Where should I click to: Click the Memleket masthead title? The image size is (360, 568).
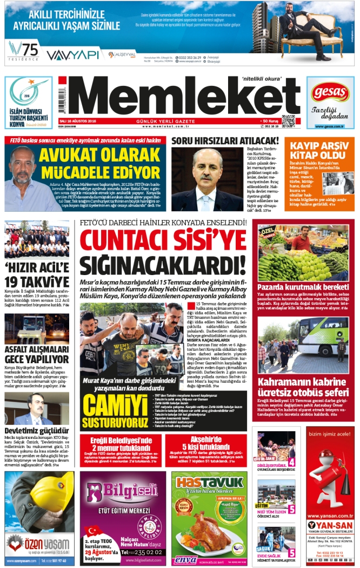[178, 96]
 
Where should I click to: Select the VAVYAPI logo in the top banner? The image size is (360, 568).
[72, 55]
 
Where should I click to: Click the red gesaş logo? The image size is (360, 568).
[330, 91]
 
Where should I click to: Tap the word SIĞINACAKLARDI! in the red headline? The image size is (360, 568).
[163, 266]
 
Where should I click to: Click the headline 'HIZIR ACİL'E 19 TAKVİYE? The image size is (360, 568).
[37, 275]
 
